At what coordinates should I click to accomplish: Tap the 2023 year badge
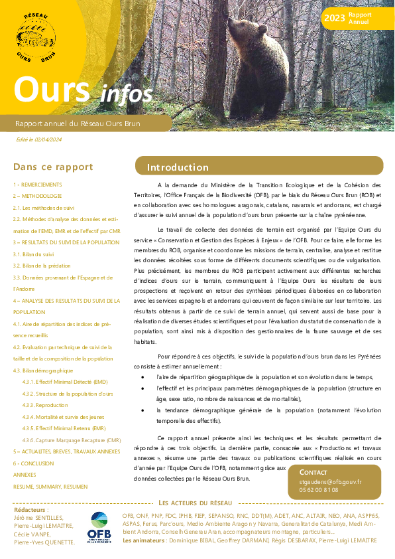[x=333, y=18]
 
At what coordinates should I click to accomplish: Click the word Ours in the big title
[x=52, y=90]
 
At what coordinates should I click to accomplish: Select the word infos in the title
[x=127, y=94]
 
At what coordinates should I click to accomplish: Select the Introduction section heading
[x=178, y=167]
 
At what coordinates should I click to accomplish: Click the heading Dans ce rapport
[x=53, y=167]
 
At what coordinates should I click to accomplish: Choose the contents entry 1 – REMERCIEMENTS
[x=38, y=185]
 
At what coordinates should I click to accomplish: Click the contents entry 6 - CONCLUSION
[x=34, y=463]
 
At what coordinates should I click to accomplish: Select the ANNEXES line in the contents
[x=25, y=475]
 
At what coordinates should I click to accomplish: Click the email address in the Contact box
[x=329, y=482]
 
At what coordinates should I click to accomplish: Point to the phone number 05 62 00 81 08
[x=318, y=490]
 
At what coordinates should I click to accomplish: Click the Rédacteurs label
[x=31, y=510]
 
